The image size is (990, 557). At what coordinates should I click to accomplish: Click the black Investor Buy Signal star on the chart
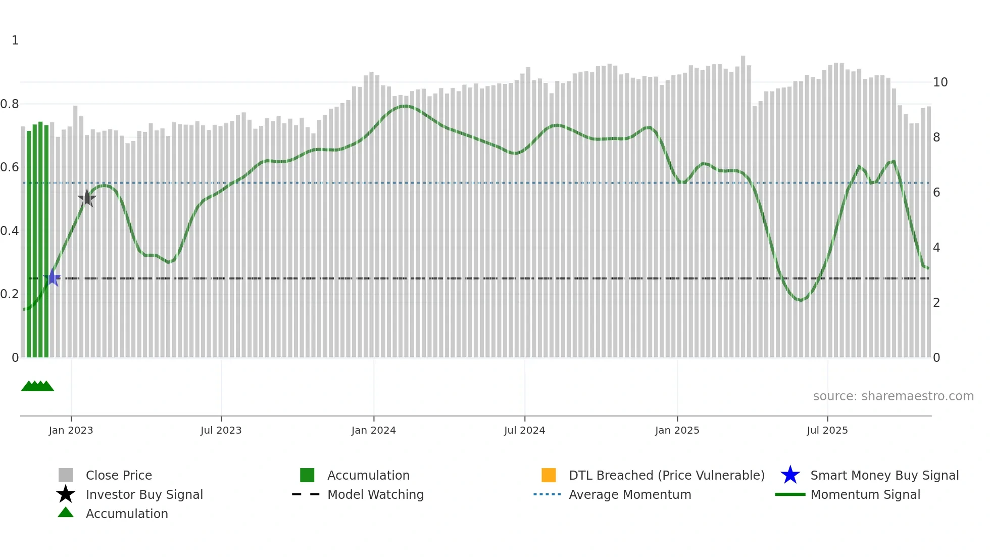coord(87,199)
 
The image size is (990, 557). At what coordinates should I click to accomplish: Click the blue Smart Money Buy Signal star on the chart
coord(53,277)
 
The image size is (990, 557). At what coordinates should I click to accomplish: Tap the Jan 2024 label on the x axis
coord(373,430)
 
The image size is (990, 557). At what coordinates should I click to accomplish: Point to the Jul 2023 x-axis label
coord(221,430)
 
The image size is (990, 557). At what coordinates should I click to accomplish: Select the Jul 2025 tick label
coord(827,430)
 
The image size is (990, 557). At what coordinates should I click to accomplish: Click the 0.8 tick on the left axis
coord(10,104)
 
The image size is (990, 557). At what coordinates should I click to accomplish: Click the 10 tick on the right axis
coord(940,82)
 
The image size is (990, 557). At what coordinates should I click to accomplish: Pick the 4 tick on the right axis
coord(936,248)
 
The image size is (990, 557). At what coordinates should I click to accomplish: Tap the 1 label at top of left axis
coord(15,40)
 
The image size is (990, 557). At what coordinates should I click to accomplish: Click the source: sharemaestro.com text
coord(893,396)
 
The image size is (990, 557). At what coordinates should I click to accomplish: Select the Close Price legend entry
coord(118,475)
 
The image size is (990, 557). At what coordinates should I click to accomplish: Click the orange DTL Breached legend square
coord(549,475)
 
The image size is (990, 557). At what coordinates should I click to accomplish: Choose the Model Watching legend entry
coord(375,494)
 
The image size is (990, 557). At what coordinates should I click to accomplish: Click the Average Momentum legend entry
coord(629,494)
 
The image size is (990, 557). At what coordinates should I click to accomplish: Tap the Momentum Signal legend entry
coord(865,494)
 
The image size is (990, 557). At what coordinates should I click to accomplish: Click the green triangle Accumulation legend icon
coord(66,513)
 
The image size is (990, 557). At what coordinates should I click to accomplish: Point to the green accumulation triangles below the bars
coord(37,386)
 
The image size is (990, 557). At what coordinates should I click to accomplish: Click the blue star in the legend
coord(790,475)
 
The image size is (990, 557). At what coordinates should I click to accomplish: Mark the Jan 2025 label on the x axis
coord(677,430)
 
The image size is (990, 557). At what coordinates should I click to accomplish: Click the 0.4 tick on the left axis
coord(10,231)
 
